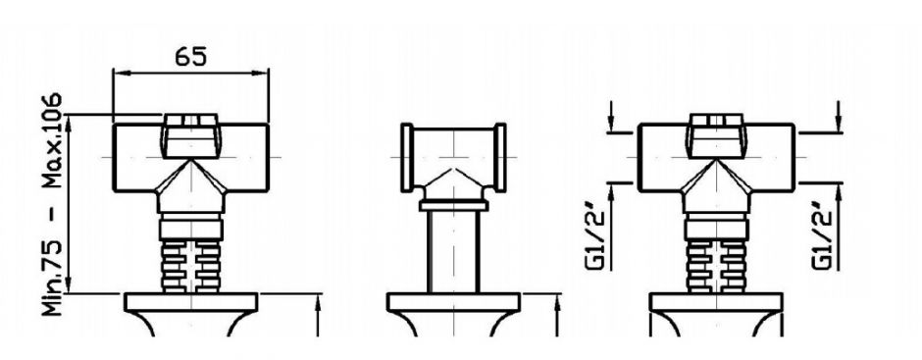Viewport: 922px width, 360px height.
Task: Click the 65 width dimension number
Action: [x=191, y=57]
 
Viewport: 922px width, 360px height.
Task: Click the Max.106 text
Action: [x=54, y=139]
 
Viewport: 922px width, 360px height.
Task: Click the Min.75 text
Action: [x=54, y=278]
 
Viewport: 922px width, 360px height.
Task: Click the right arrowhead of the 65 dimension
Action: [x=261, y=74]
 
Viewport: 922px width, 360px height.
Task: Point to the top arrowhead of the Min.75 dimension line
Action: [x=70, y=123]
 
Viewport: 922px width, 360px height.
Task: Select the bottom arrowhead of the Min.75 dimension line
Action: [x=70, y=284]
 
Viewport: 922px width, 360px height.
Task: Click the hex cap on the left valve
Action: [x=190, y=135]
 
